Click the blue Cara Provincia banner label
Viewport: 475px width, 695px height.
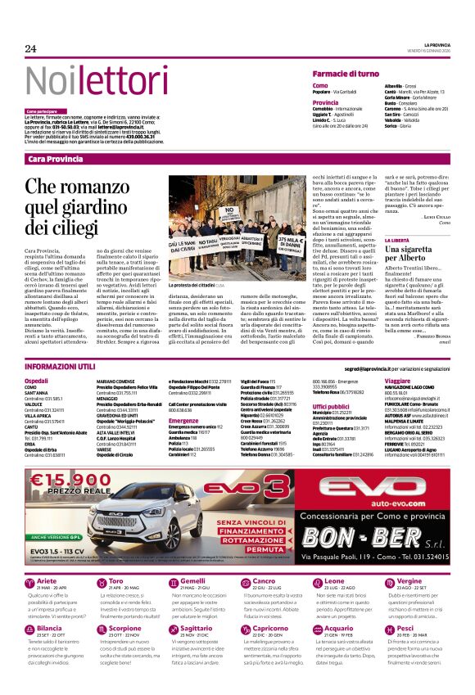click(x=56, y=159)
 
